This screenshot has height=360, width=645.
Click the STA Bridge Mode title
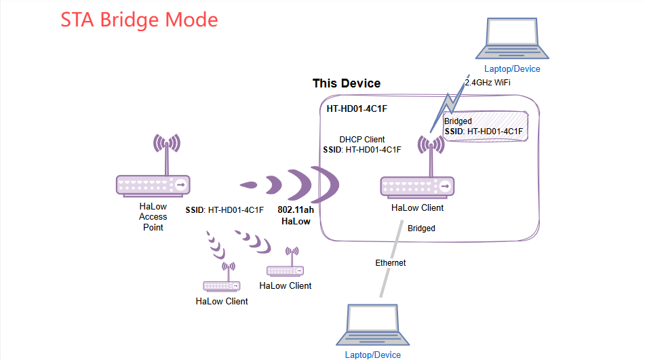pos(139,19)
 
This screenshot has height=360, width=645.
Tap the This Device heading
pos(346,83)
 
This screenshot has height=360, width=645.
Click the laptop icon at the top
pos(512,39)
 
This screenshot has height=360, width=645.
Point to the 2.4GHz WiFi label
pos(487,82)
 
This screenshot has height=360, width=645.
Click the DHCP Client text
pos(362,139)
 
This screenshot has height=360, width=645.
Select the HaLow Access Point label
pos(153,217)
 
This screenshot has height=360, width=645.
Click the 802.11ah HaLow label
pos(296,216)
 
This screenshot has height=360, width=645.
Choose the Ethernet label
pos(391,262)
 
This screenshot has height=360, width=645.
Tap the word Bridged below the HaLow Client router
pos(421,228)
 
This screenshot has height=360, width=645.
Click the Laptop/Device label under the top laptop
pos(512,68)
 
